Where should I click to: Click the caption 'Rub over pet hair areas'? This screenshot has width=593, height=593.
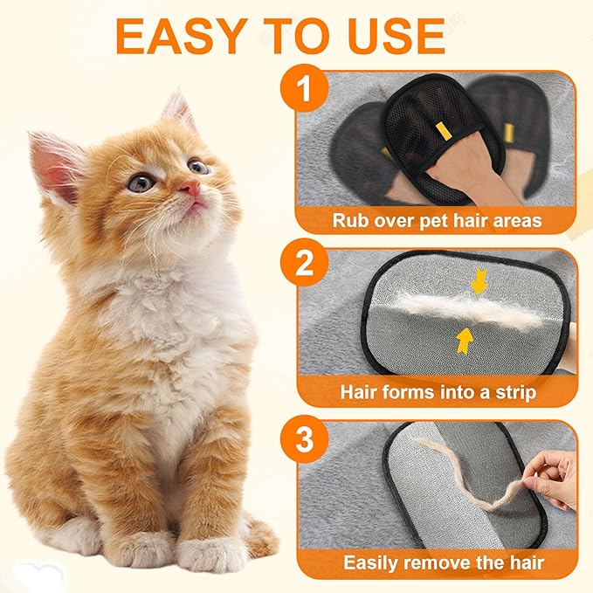point(437,219)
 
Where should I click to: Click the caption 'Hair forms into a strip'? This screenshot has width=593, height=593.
point(437,392)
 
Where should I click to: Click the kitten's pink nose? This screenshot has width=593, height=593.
point(190,187)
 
